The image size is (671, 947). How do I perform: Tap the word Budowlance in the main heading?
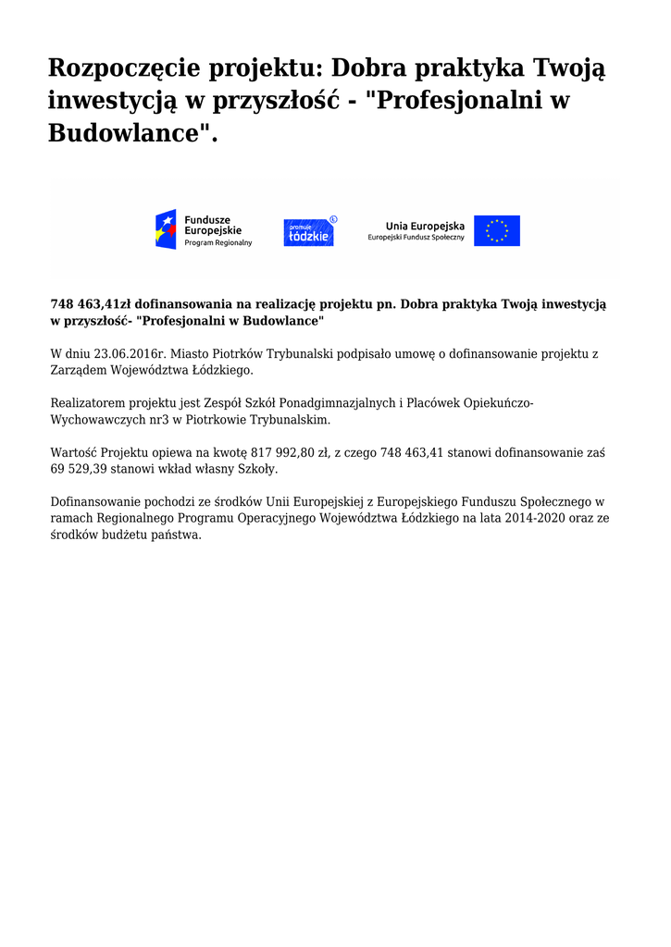(127, 132)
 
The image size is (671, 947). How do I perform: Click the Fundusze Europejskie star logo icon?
(165, 229)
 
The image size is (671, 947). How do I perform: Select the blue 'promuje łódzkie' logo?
(309, 231)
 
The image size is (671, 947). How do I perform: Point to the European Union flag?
(497, 230)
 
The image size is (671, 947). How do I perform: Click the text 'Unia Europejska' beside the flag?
(425, 225)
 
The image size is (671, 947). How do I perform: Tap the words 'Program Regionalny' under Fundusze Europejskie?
(218, 242)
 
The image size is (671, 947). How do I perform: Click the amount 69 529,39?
(83, 470)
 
